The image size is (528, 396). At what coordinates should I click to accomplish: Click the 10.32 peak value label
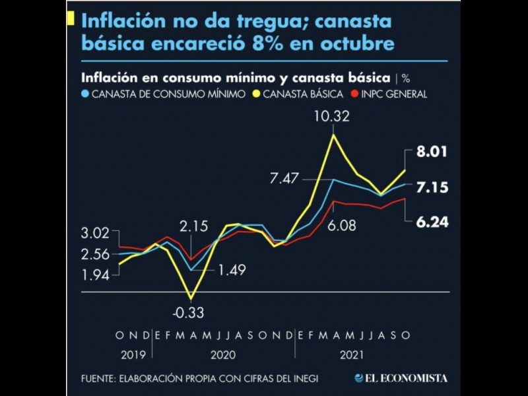(331, 119)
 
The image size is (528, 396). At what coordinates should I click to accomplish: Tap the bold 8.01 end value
(432, 152)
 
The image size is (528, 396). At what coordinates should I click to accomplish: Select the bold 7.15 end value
(432, 188)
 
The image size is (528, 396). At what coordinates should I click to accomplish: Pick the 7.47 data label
(284, 178)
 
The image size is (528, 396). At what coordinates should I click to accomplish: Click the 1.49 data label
(230, 269)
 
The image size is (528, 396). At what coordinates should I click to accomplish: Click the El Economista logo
(401, 378)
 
